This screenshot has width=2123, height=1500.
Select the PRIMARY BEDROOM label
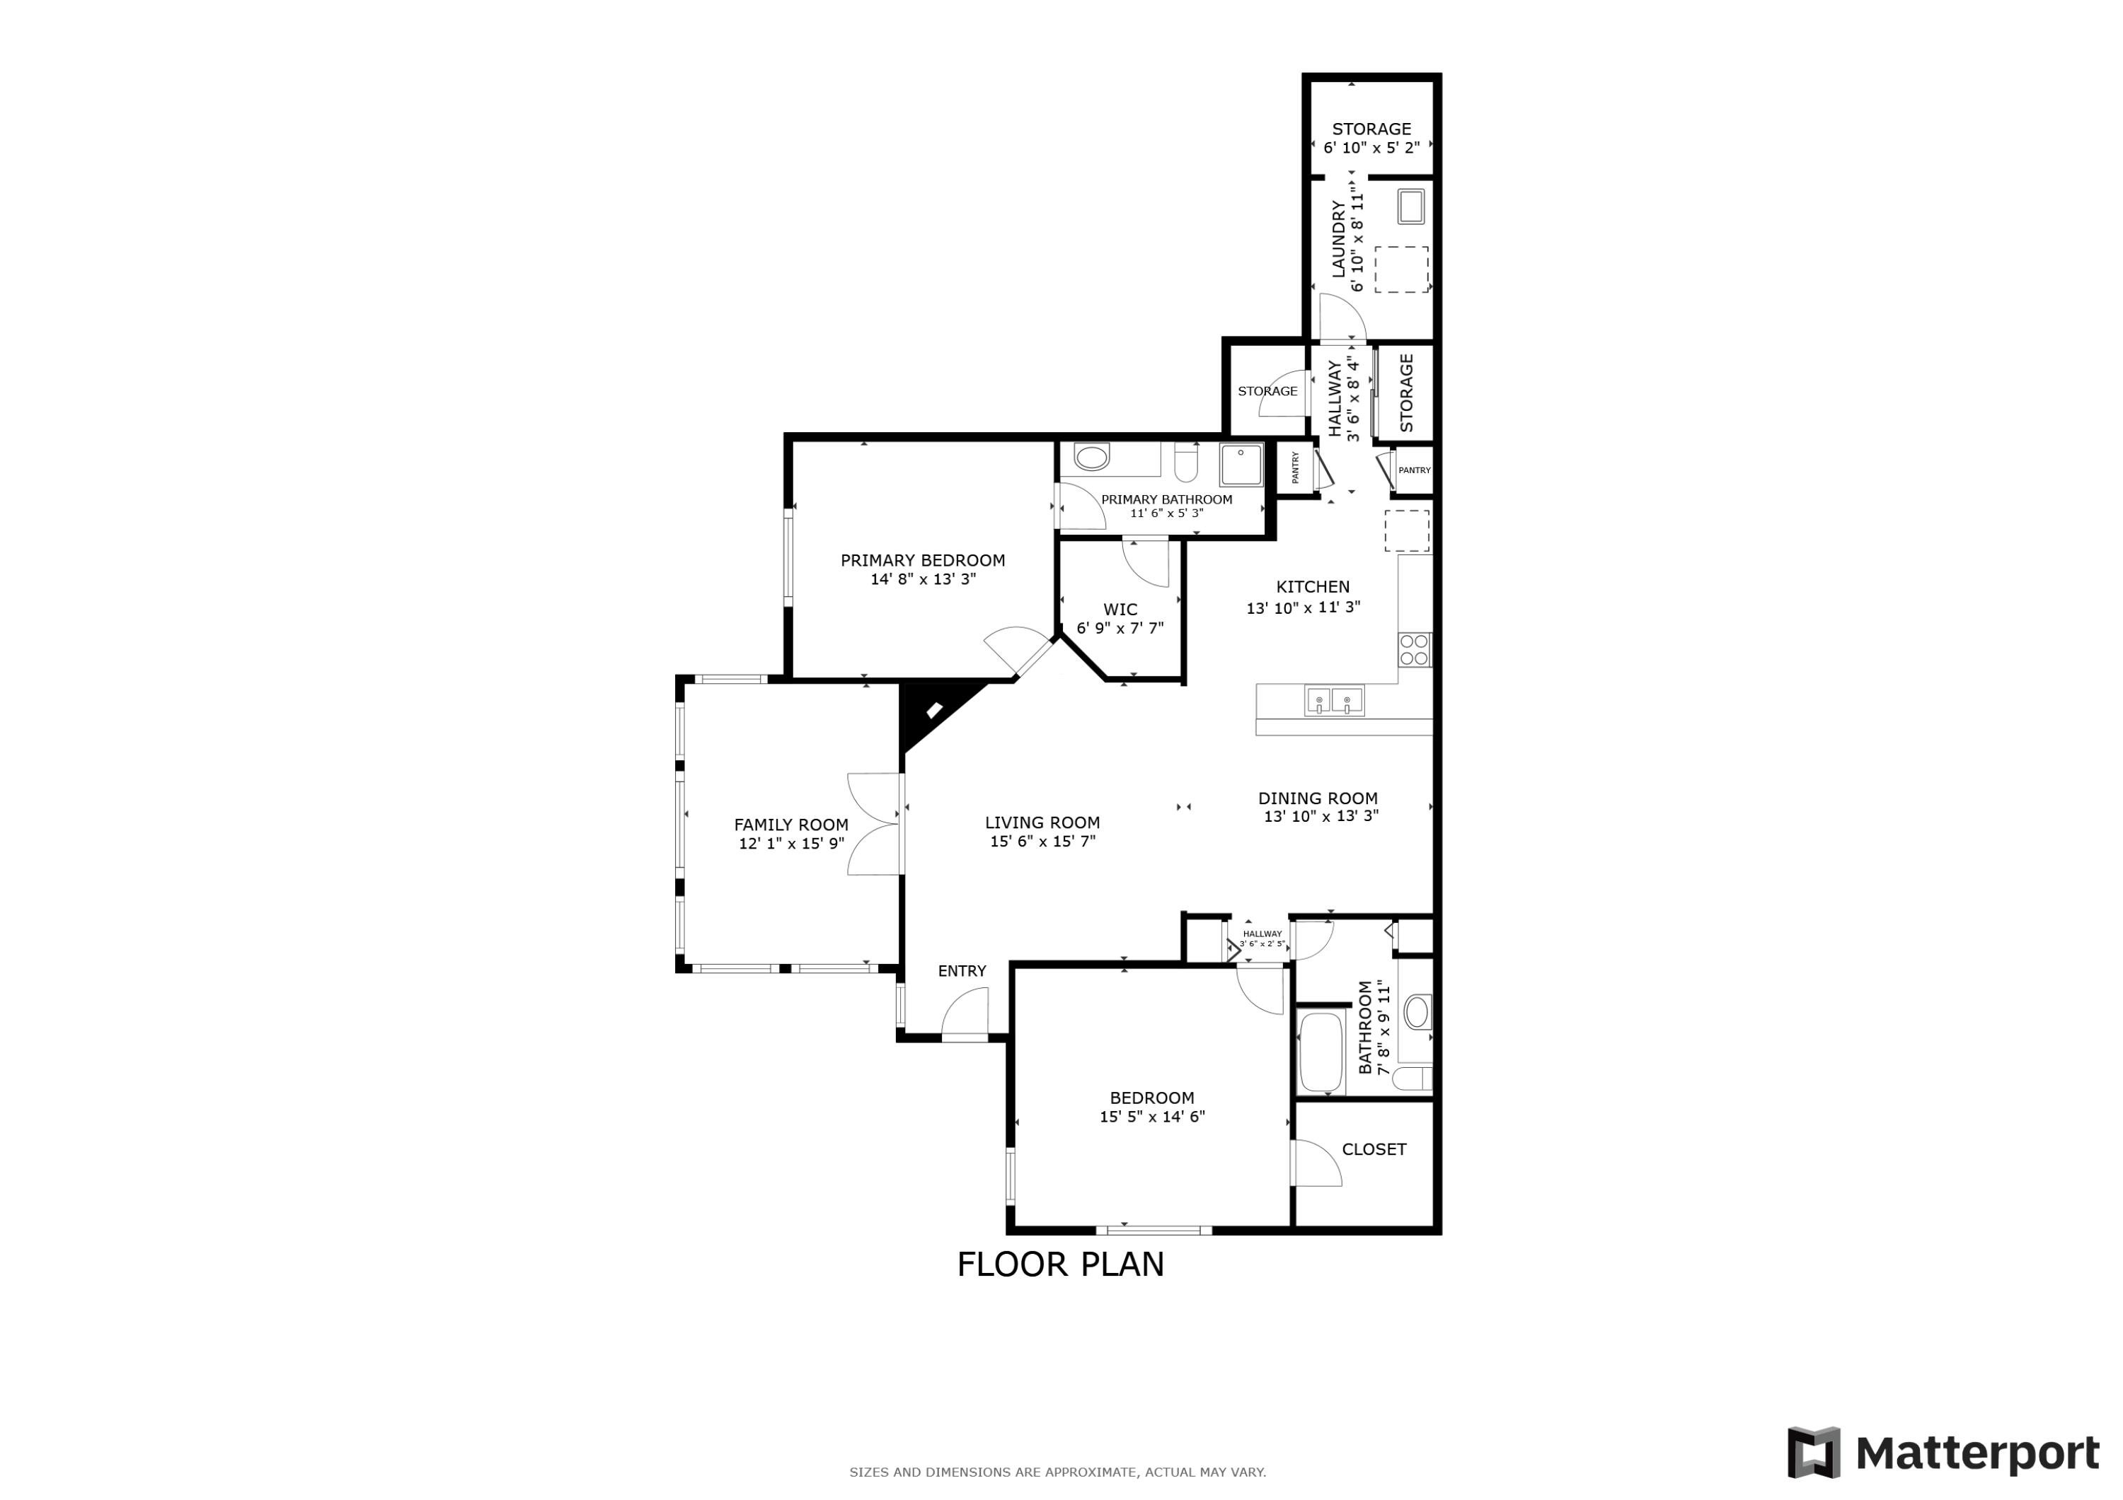pyautogui.click(x=923, y=560)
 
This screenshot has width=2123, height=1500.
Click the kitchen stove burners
pyautogui.click(x=1415, y=650)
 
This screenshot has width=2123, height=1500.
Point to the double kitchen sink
pyautogui.click(x=1334, y=701)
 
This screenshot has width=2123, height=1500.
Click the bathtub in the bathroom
pyautogui.click(x=1321, y=1052)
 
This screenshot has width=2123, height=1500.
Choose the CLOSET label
pyautogui.click(x=1374, y=1149)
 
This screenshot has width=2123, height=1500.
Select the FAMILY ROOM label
pyautogui.click(x=791, y=825)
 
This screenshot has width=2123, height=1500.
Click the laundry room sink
pyautogui.click(x=1410, y=206)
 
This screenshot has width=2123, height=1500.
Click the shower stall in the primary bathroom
pyautogui.click(x=1241, y=465)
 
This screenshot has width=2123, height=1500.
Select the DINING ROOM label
pyautogui.click(x=1318, y=798)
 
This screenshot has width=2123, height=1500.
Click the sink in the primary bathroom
pyautogui.click(x=1092, y=458)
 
